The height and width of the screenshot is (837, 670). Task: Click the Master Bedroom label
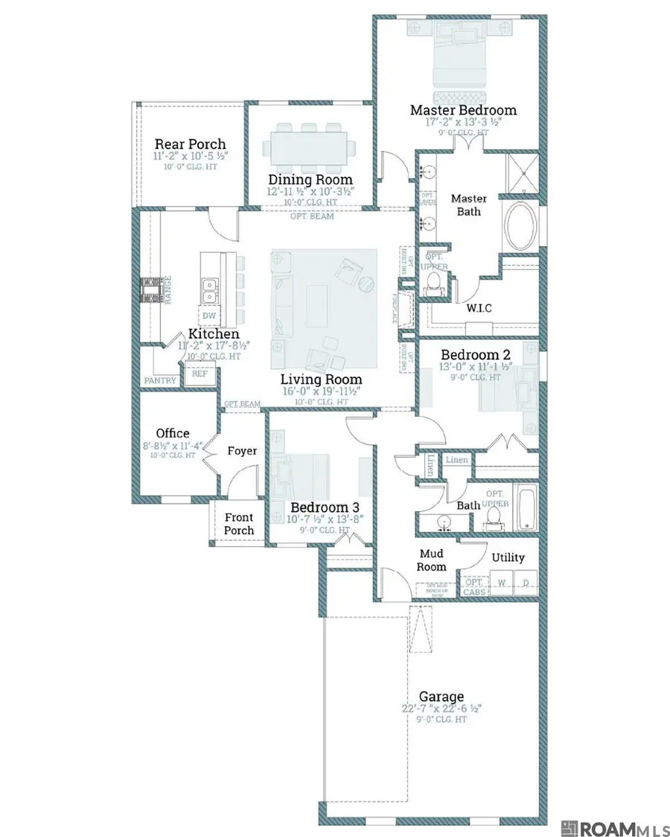point(463,110)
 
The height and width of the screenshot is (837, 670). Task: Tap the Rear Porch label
point(190,144)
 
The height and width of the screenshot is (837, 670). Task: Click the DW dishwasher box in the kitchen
point(209,314)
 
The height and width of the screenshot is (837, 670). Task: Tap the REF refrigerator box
point(200,374)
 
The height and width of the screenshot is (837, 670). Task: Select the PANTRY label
point(161,381)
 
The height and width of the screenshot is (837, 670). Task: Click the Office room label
point(173,433)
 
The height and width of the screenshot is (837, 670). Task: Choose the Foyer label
point(242,451)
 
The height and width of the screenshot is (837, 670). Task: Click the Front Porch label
point(239,524)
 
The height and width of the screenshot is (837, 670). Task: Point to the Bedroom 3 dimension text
point(325,519)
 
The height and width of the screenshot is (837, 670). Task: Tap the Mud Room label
point(433,559)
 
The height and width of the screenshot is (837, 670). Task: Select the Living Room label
point(321,379)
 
